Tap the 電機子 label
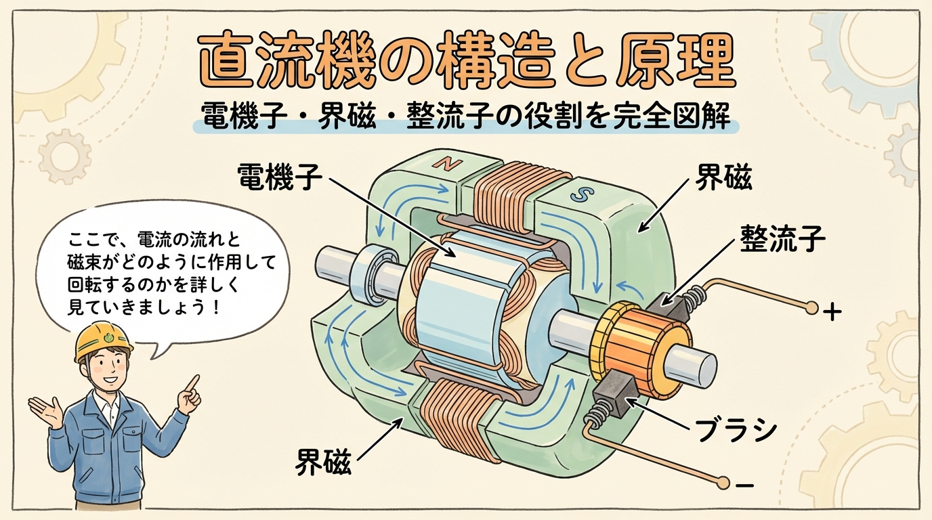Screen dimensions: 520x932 click(x=280, y=178)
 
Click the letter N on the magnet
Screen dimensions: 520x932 click(x=448, y=165)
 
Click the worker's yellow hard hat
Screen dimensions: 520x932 click(x=102, y=339)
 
